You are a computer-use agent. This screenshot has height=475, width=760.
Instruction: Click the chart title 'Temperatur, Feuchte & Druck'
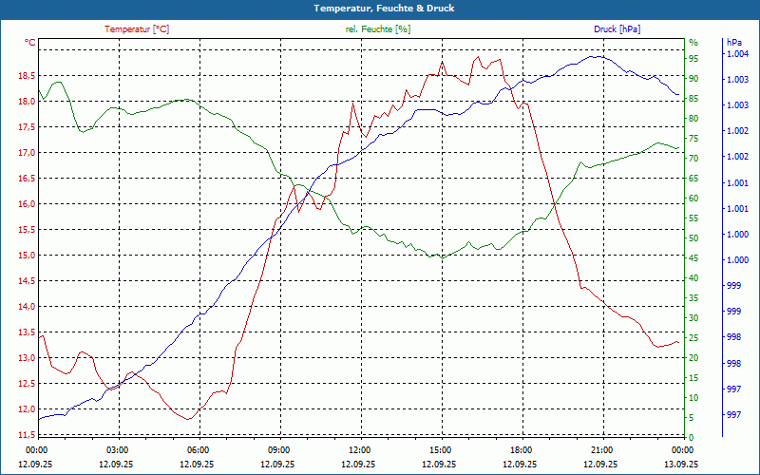point(379,8)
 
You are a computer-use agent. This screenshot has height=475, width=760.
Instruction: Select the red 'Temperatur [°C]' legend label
point(137,29)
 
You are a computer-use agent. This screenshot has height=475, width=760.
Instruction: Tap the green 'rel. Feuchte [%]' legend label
point(378,29)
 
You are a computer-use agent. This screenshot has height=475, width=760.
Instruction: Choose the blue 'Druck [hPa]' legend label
point(617,29)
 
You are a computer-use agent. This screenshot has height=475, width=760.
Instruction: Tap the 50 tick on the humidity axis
point(693,238)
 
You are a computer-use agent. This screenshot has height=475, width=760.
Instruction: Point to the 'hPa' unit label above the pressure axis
point(733,43)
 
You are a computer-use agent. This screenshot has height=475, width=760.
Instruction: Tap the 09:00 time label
point(279,449)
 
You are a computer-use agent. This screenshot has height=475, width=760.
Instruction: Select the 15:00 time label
point(440,449)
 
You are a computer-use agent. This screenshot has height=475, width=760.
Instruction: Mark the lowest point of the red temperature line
point(189,419)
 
